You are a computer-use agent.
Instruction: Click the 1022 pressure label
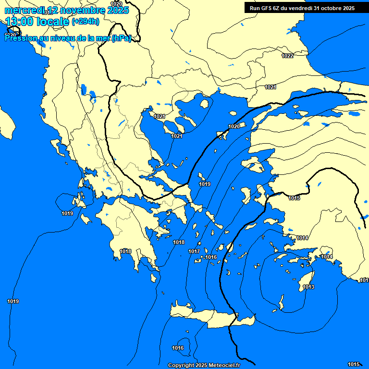click(x=287, y=56)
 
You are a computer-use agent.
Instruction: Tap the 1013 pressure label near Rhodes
click(x=308, y=287)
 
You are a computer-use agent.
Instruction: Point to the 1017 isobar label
click(x=194, y=251)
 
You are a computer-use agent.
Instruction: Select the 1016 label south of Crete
click(x=178, y=348)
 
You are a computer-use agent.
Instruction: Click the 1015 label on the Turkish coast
click(x=294, y=198)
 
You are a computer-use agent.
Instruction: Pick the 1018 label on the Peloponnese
click(x=126, y=251)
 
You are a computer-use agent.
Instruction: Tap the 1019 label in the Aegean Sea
click(x=205, y=184)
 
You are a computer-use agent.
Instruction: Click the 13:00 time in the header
click(x=19, y=22)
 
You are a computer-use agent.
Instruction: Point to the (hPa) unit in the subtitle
click(x=121, y=39)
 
